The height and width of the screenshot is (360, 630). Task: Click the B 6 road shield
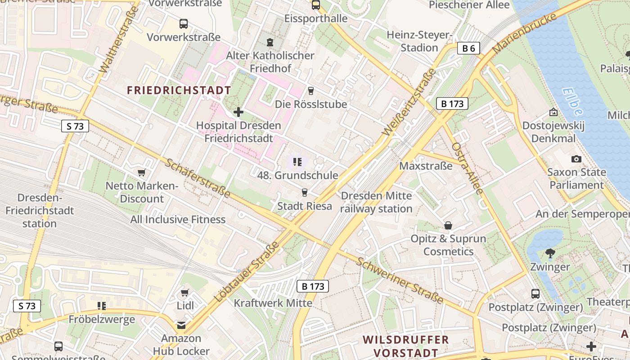tap(468, 48)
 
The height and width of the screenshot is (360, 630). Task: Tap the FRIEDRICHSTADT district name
tap(179, 90)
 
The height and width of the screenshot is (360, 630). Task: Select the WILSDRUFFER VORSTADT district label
tap(406, 346)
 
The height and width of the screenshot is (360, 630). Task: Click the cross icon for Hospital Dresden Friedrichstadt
tap(238, 112)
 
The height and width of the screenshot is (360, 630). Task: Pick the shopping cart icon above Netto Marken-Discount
tap(142, 172)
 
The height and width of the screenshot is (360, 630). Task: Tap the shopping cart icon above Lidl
tap(184, 293)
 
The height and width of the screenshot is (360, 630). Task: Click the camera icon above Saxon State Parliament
tap(576, 159)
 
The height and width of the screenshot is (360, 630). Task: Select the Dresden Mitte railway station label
tap(376, 202)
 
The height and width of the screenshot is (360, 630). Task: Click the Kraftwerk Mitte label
tap(273, 303)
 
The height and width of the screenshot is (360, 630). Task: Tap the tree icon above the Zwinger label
tap(550, 253)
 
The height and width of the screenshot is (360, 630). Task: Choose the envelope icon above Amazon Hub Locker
tap(181, 325)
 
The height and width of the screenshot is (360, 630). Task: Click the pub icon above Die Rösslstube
tap(310, 91)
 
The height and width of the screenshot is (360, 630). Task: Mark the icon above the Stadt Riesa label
tap(305, 193)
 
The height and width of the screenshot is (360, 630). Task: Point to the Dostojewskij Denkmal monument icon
tap(553, 112)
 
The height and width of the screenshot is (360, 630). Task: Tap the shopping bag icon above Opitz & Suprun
tap(448, 225)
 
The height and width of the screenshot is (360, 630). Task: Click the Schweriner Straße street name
tap(400, 280)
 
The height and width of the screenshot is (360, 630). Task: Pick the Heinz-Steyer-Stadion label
tap(419, 41)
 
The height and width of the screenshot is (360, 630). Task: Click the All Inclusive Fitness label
tap(178, 220)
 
